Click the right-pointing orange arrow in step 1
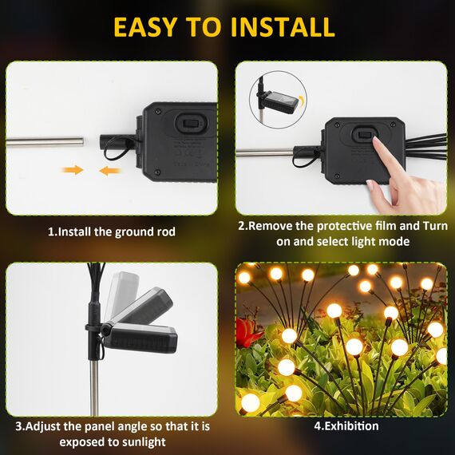coord(73,170)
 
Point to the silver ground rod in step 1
coord(45,141)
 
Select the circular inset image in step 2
coord(275,100)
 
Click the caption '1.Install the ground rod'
coord(111,231)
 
